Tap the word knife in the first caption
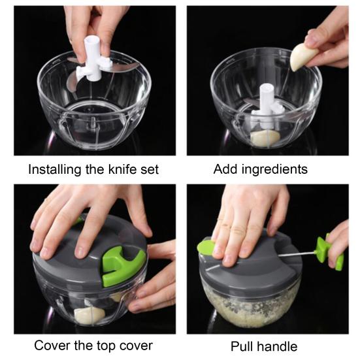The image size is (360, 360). (115, 169)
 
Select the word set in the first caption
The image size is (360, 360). (148, 169)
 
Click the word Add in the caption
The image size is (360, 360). (225, 169)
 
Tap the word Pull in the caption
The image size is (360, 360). (242, 346)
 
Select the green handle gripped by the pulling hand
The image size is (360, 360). (327, 252)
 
